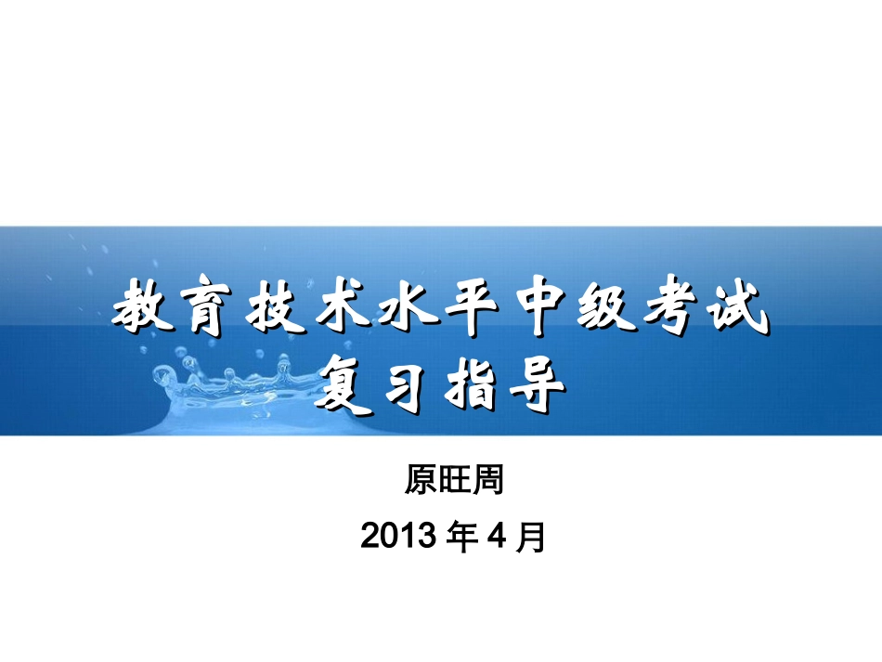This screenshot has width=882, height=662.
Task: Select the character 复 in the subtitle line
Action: click(343, 383)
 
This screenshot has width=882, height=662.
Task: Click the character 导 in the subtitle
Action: click(536, 383)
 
